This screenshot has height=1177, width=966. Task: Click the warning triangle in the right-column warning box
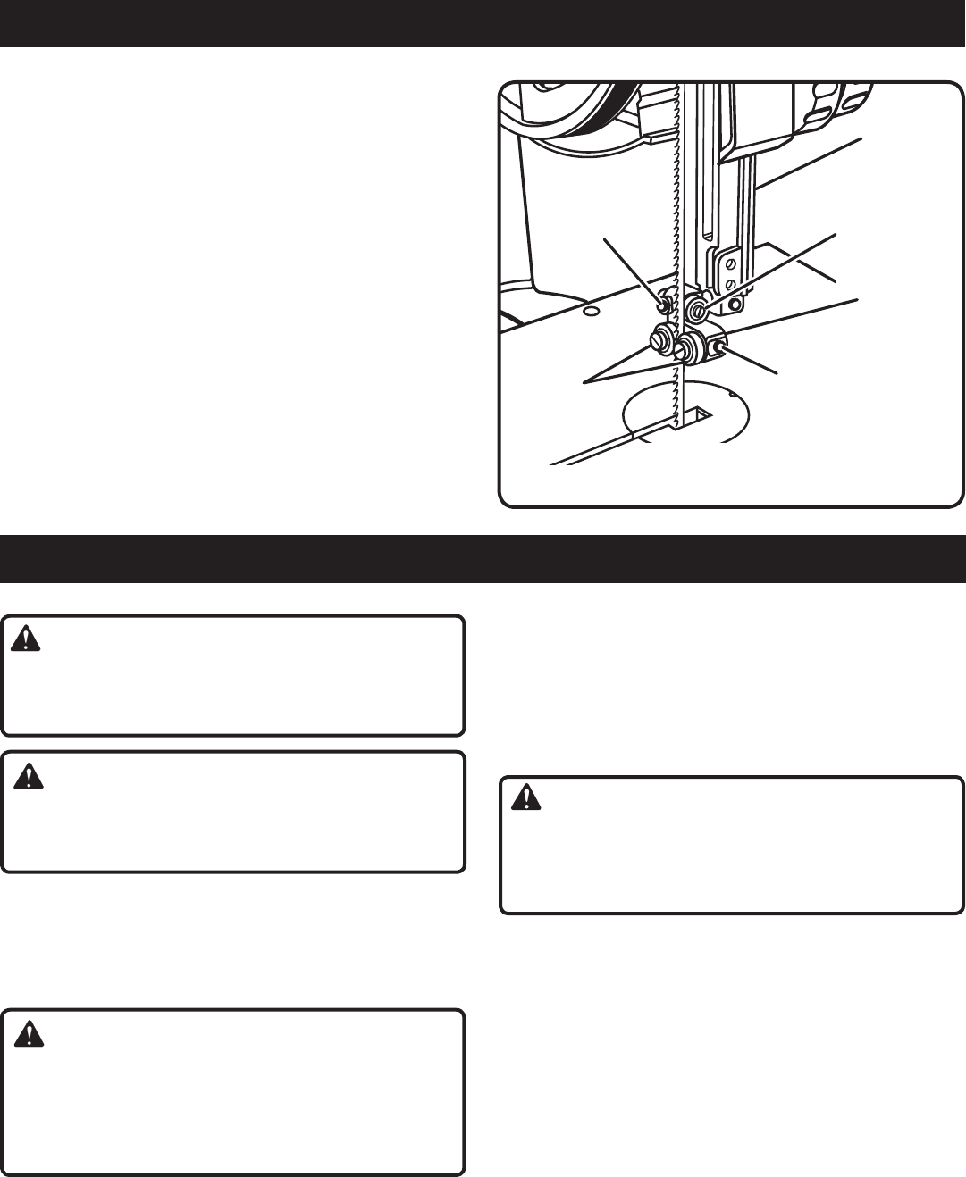[x=526, y=797]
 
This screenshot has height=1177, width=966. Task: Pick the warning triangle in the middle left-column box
[x=29, y=775]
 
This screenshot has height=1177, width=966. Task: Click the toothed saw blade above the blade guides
[x=676, y=179]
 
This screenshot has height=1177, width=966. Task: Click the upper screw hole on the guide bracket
[x=731, y=264]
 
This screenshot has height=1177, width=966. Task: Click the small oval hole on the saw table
[x=591, y=313]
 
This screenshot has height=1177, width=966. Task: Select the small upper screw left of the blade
[x=664, y=305]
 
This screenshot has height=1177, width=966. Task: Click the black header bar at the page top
[x=483, y=23]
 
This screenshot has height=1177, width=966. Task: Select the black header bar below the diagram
[x=483, y=559]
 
